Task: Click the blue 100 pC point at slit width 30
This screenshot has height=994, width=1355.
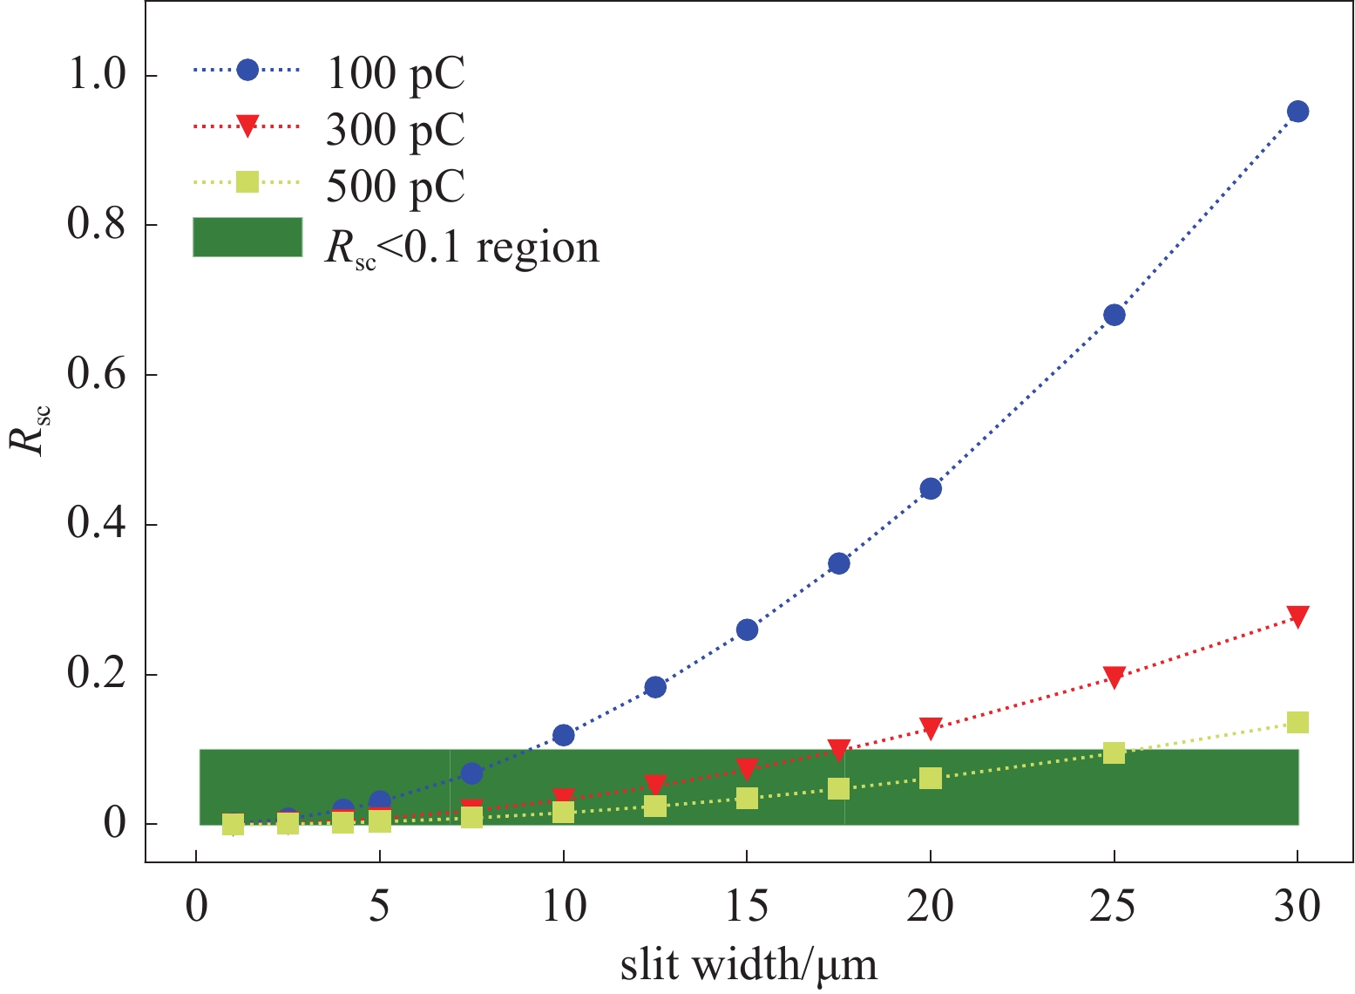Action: (x=1297, y=112)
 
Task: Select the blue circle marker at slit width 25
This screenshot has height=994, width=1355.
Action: (x=1114, y=315)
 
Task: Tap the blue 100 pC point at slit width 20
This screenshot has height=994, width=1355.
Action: (x=931, y=488)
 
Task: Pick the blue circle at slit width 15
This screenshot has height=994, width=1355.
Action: (x=747, y=630)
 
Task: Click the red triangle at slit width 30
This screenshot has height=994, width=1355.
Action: (x=1297, y=616)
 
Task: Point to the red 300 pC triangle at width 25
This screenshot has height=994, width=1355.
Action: (x=1114, y=677)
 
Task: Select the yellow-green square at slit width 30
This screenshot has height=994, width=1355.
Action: (x=1297, y=723)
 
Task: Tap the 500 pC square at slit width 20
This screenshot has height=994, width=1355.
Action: (x=931, y=778)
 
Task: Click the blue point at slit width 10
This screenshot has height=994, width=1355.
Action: (x=564, y=735)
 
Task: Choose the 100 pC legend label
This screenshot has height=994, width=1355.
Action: (x=396, y=73)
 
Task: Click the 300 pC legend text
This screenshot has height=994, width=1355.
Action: (x=396, y=129)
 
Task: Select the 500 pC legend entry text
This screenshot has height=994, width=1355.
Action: (x=396, y=185)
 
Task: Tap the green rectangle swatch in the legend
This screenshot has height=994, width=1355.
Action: (x=247, y=237)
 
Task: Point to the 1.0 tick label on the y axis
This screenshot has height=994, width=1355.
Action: (x=96, y=76)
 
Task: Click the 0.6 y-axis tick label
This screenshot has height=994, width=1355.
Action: (x=96, y=375)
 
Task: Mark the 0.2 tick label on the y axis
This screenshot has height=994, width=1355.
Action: (x=96, y=675)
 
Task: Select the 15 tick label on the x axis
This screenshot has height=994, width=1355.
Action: (x=747, y=907)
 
